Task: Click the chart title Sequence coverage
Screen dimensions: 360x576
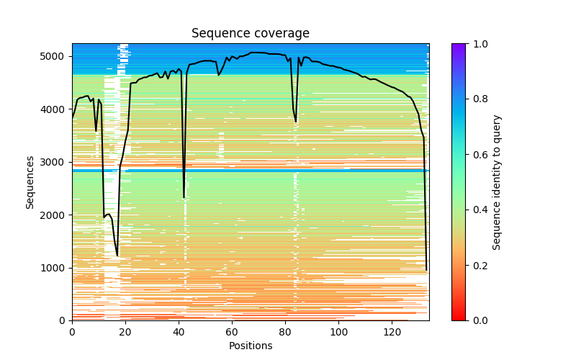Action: click(250, 34)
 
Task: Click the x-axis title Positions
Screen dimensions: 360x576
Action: click(250, 346)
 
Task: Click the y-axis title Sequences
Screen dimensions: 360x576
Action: click(30, 181)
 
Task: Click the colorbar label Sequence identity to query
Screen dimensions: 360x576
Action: click(497, 181)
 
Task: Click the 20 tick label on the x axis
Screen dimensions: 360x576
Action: click(125, 331)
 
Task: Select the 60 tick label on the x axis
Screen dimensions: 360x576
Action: click(232, 331)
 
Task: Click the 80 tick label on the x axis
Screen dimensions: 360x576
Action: click(285, 331)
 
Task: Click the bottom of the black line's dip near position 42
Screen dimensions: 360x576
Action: click(184, 197)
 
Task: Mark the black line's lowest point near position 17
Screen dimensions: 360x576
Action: click(117, 256)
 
